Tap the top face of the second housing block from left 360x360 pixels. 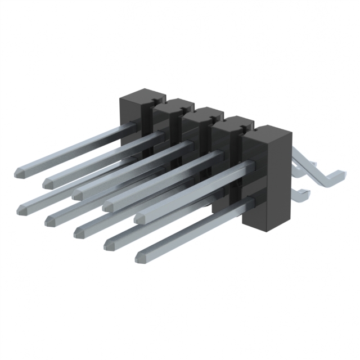172,103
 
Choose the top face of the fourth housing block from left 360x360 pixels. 232,121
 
